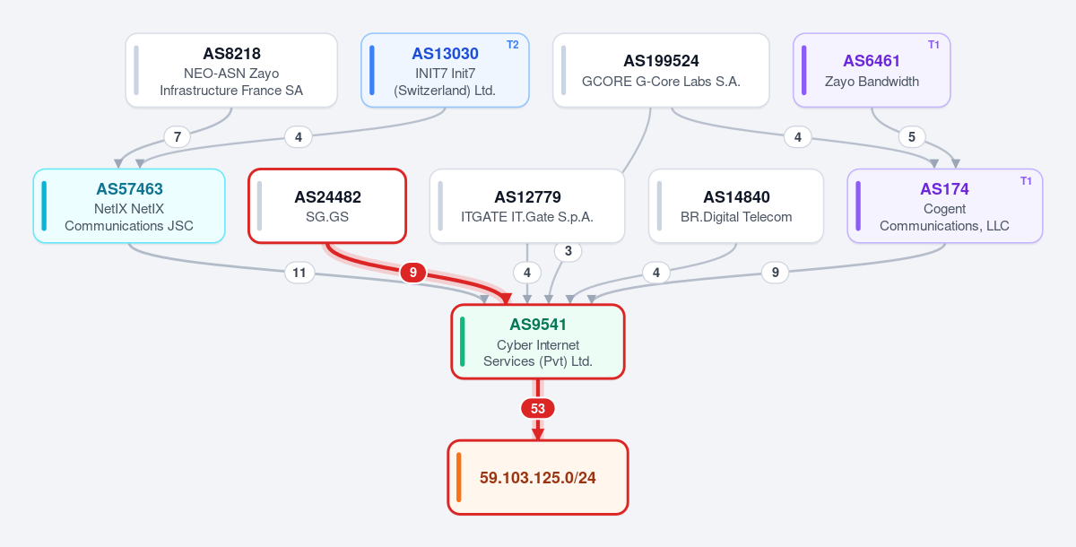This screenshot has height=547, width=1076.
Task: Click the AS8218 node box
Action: coord(231,70)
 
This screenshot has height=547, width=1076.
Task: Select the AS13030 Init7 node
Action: coord(445,70)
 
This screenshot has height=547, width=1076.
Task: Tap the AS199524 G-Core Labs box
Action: coord(661,70)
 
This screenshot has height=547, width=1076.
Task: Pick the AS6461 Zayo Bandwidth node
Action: coord(872,70)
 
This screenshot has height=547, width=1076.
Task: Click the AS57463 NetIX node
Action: coord(129,205)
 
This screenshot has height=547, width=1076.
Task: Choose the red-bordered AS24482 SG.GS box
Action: coord(327,205)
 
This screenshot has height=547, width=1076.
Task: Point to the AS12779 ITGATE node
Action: coord(527,205)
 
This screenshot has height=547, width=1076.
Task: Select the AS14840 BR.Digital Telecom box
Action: coord(736,205)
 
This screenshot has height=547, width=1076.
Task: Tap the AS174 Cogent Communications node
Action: coord(945,205)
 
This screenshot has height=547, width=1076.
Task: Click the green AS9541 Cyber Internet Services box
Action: coord(538,342)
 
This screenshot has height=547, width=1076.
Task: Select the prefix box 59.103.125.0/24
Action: coord(538,477)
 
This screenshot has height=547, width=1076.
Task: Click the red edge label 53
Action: coord(538,409)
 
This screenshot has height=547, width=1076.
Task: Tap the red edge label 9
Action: coord(413,273)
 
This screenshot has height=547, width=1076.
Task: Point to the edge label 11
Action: coord(299,273)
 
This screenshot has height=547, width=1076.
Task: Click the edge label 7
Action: coord(178,137)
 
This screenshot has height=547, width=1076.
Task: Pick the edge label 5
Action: coord(912,137)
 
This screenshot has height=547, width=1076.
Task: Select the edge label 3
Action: coord(568,251)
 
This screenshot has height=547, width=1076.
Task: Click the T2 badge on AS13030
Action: coord(513,45)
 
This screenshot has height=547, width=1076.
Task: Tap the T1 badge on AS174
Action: coord(1026,181)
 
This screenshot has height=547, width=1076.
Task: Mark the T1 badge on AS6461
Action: coord(933,45)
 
